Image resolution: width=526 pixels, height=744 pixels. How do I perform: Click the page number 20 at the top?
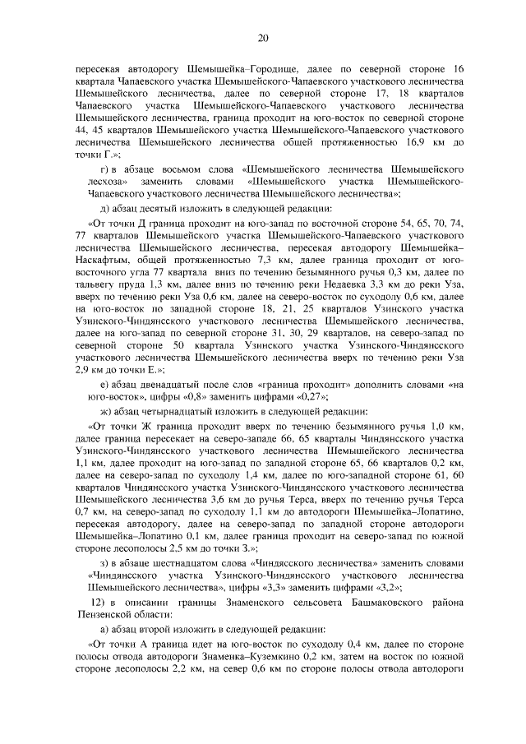click(263, 38)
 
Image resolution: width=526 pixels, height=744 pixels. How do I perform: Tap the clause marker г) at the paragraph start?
click(104, 169)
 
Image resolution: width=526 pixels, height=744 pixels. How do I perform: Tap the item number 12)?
click(103, 604)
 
